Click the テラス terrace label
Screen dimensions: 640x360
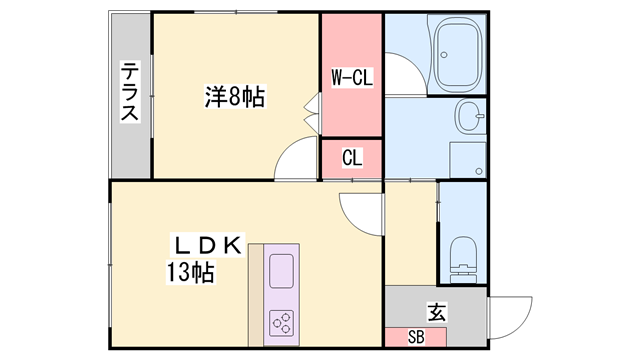130,91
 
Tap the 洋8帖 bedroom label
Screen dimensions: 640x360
235,96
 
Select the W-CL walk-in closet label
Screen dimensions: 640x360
352,77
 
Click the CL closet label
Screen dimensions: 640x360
352,158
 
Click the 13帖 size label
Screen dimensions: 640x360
190,272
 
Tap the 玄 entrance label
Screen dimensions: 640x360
436,312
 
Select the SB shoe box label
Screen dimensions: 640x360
416,337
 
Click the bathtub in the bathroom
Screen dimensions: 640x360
457,54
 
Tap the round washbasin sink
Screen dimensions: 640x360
470,116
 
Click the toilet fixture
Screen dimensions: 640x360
464,260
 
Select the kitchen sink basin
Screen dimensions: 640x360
281,271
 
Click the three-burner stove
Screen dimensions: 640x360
281,323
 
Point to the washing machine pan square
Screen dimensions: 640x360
468,160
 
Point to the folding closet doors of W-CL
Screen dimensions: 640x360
312,113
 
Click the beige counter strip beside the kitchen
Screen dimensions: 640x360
256,295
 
